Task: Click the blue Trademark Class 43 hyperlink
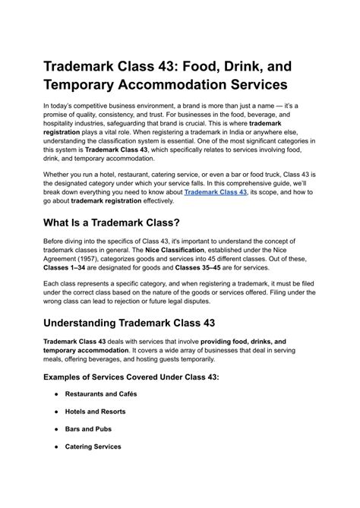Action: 216,193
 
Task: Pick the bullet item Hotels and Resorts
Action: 95,412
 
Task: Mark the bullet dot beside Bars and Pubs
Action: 57,429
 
